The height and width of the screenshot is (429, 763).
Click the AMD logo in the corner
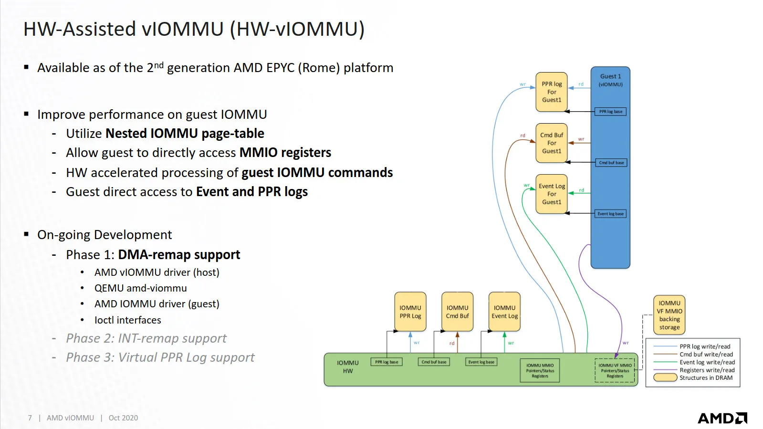pyautogui.click(x=722, y=418)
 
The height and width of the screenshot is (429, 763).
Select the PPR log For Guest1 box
pyautogui.click(x=551, y=92)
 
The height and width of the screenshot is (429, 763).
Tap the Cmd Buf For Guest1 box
pyautogui.click(x=551, y=143)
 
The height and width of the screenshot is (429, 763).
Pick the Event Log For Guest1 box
pyautogui.click(x=551, y=194)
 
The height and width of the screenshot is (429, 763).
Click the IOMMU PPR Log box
pyautogui.click(x=410, y=312)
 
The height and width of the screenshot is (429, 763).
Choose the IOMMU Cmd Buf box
pyautogui.click(x=457, y=312)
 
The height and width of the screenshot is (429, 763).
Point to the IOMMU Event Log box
pyautogui.click(x=504, y=312)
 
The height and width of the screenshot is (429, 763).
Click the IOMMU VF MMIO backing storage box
pyautogui.click(x=669, y=315)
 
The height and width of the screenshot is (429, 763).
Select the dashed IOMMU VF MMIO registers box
pyautogui.click(x=615, y=371)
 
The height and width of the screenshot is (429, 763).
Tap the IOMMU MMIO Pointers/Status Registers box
pyautogui.click(x=540, y=371)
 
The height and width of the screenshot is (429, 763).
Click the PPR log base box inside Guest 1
pyautogui.click(x=611, y=112)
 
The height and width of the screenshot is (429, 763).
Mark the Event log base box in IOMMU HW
pyautogui.click(x=481, y=362)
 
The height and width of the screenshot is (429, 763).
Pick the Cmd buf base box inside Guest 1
pyautogui.click(x=611, y=163)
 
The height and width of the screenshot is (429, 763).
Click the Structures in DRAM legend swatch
pyautogui.click(x=665, y=377)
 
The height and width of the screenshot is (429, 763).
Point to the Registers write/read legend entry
pyautogui.click(x=707, y=370)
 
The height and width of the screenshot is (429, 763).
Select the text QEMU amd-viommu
pyautogui.click(x=140, y=288)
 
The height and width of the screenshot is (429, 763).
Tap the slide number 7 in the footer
pyautogui.click(x=30, y=418)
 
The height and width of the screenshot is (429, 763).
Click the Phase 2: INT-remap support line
pyautogui.click(x=146, y=338)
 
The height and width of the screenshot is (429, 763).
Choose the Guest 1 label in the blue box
pyautogui.click(x=610, y=76)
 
